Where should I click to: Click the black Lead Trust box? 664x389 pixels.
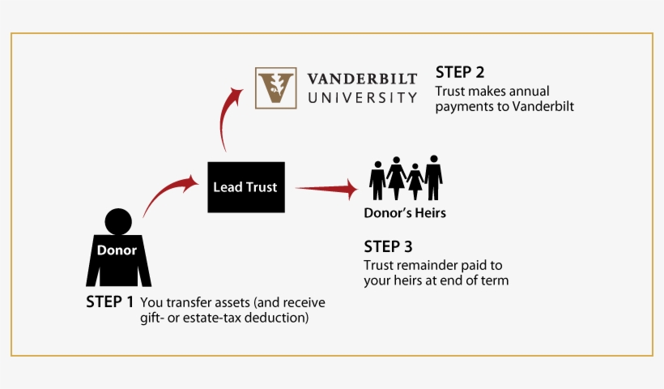click(245, 187)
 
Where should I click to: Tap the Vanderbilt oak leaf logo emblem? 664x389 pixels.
click(275, 88)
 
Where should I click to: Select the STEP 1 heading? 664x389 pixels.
click(110, 301)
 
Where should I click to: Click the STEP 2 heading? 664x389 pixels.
click(460, 71)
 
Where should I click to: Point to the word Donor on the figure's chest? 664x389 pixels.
click(117, 250)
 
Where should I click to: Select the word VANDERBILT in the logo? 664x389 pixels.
click(362, 79)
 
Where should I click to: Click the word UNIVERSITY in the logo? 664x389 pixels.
click(362, 97)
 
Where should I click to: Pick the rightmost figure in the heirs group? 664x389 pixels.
click(433, 176)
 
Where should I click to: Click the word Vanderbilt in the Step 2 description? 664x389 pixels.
click(544, 106)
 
